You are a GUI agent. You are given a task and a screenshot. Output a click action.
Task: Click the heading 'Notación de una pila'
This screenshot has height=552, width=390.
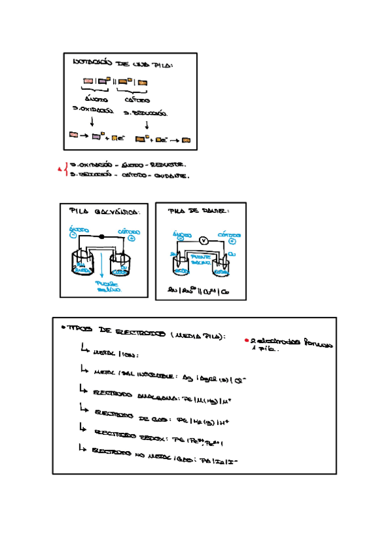(122, 63)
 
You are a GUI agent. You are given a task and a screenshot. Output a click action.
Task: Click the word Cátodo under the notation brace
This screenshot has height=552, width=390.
(137, 100)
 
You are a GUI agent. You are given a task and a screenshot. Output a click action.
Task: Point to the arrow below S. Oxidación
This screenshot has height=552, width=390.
(92, 122)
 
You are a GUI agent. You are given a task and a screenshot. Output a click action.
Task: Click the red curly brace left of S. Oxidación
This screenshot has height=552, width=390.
(66, 170)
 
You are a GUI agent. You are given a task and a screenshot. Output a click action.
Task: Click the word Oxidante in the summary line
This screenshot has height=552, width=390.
(171, 175)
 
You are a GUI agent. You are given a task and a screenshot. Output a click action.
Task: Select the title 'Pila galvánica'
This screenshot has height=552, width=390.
(103, 212)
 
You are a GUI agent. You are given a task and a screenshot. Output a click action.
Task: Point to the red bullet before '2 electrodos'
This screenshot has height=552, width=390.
(246, 340)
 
